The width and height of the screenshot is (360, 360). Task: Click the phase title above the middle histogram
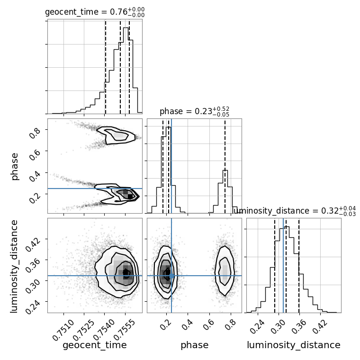194,112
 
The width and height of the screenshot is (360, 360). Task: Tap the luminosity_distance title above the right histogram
295,211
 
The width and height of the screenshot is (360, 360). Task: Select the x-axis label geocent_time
95,345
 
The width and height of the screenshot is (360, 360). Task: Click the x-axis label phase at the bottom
194,345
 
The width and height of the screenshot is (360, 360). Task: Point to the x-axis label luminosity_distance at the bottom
294,345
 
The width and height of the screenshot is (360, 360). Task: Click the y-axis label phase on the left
15,166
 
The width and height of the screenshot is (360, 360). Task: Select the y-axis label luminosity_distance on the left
15,265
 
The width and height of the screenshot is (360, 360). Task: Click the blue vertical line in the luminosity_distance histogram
283,265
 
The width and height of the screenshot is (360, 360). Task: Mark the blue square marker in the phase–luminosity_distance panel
171,275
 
